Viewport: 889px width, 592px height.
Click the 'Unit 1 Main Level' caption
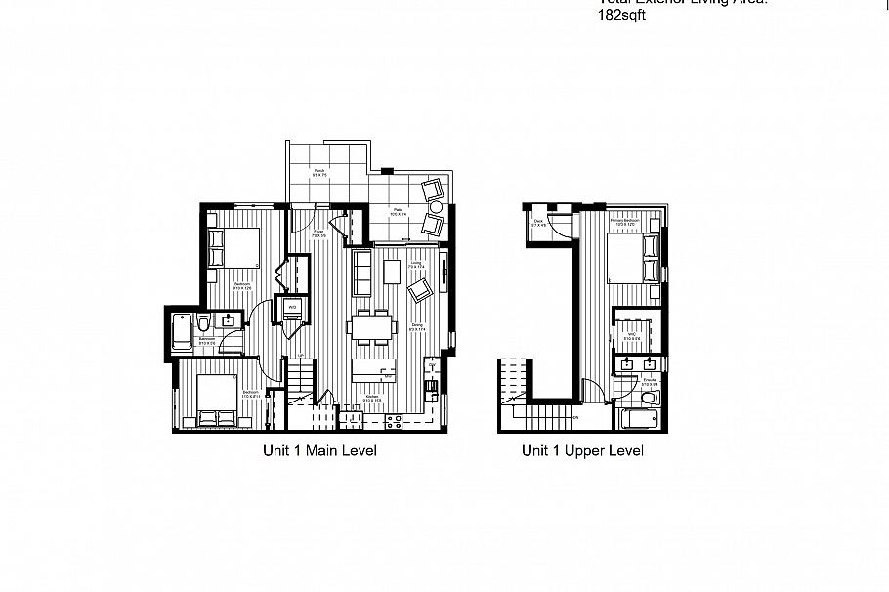[x=318, y=451]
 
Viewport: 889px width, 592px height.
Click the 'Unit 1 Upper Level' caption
[x=582, y=451]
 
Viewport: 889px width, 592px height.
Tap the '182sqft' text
[x=621, y=17]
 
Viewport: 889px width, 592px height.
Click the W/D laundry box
[x=292, y=309]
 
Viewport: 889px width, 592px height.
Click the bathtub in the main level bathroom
[x=180, y=332]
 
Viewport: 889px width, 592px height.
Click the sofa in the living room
[x=362, y=273]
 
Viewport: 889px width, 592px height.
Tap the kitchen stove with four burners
[x=396, y=422]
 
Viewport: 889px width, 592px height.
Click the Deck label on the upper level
[x=538, y=223]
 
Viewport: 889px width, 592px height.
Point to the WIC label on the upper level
[x=632, y=337]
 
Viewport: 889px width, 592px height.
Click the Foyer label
[x=318, y=233]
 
